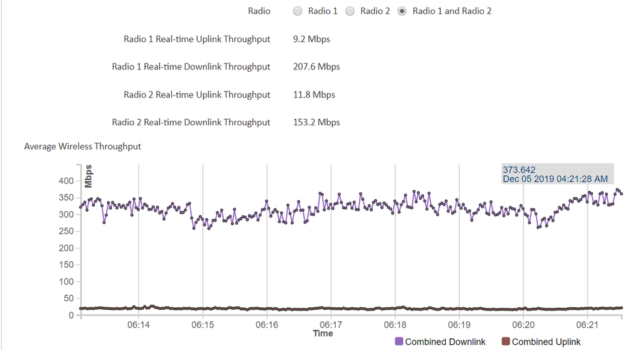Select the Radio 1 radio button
(x=298, y=11)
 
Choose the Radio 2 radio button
(x=350, y=11)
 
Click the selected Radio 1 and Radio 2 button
(x=402, y=11)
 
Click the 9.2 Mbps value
(x=311, y=39)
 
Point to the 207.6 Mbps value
(x=316, y=67)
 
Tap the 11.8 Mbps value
(x=314, y=95)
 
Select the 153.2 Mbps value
(x=316, y=122)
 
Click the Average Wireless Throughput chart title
(x=83, y=146)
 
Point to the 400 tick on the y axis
(x=66, y=181)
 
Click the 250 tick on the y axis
(x=66, y=232)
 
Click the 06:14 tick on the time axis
(x=139, y=325)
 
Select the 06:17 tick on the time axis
(x=331, y=325)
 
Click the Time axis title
(x=322, y=333)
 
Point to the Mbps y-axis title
(x=88, y=176)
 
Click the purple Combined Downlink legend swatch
(x=399, y=342)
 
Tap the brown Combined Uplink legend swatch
(x=506, y=342)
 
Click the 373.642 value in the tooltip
(x=520, y=170)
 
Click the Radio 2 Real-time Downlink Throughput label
(x=191, y=122)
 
